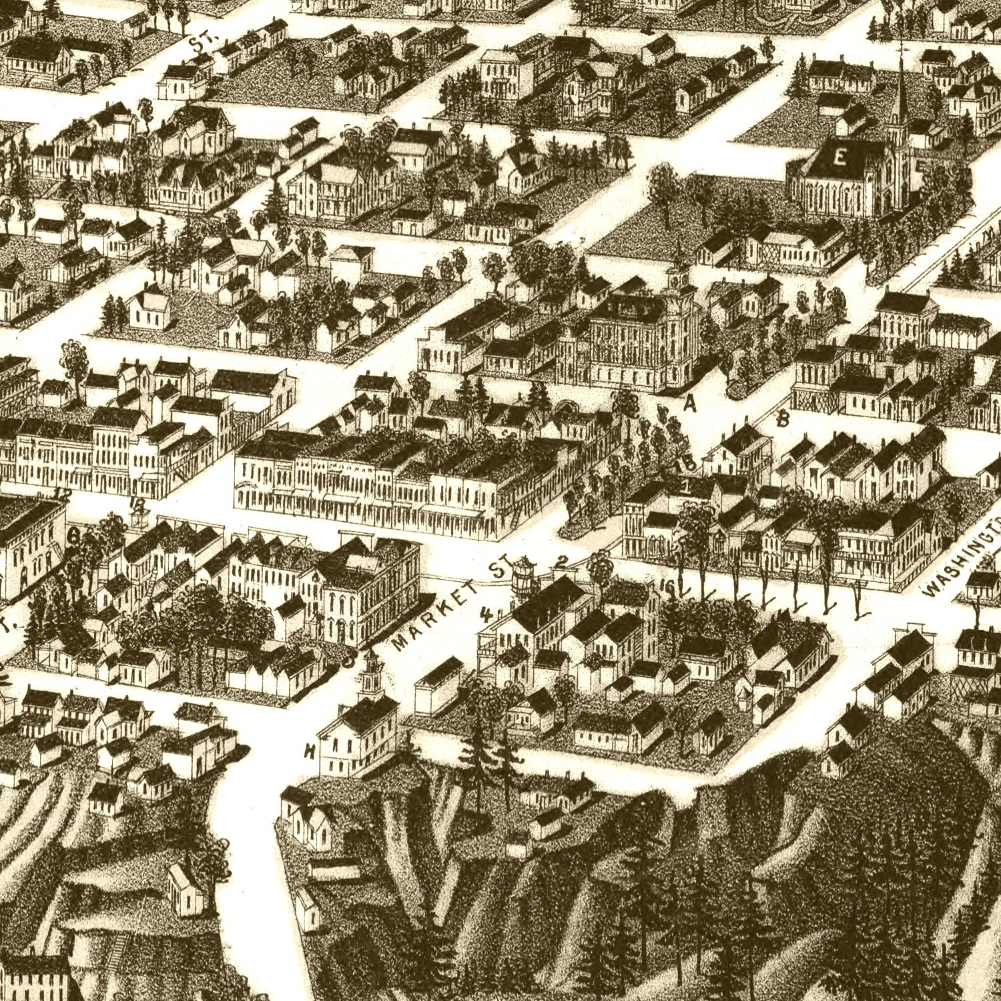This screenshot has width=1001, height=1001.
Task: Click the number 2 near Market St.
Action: (561, 563)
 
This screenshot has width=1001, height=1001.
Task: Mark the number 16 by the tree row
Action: (665, 586)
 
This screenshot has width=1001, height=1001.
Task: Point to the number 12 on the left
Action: (63, 494)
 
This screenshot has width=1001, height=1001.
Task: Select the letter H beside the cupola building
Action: (309, 752)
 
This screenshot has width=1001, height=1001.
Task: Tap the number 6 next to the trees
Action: (74, 536)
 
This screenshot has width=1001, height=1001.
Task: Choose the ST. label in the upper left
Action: (198, 45)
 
